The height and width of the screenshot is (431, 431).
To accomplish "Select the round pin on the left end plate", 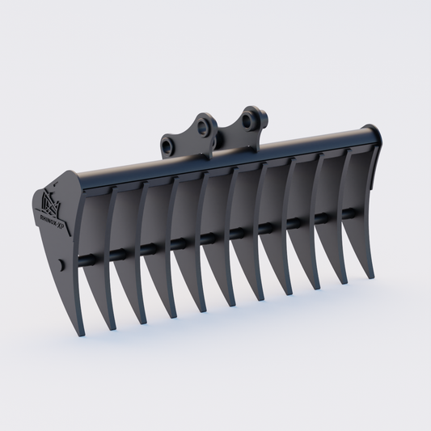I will tap(62, 264).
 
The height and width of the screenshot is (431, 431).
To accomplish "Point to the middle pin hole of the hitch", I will tap(203, 127).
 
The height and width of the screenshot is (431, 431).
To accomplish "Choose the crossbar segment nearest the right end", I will tap(347, 213).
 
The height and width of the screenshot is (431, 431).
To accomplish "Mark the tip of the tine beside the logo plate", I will tap(111, 327).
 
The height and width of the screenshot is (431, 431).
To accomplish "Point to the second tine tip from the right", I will tap(344, 282).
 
